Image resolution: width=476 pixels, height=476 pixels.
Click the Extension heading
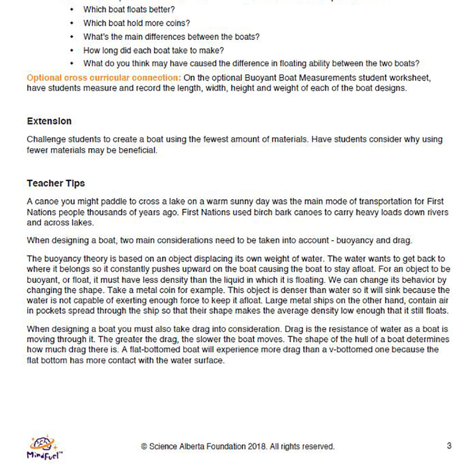[49, 121]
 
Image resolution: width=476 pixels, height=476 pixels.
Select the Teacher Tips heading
[56, 183]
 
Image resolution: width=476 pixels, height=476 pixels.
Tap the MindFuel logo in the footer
[44, 447]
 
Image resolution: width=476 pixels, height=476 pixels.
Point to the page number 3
[449, 446]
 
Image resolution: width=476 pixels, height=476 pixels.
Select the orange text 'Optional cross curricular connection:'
[104, 78]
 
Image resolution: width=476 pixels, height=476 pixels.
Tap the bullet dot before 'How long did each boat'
[71, 50]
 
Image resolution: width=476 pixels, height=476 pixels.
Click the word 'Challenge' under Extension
[45, 140]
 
